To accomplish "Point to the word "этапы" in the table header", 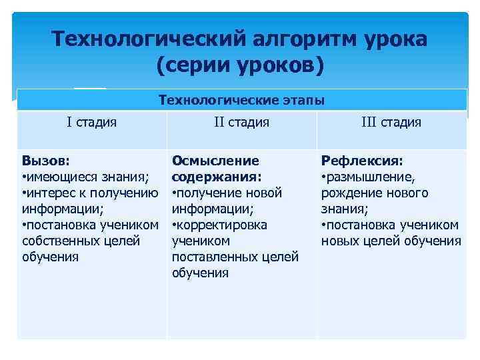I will pyautogui.click(x=303, y=100).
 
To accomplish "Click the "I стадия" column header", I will pyautogui.click(x=91, y=122).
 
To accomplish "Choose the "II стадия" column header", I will pyautogui.click(x=241, y=122).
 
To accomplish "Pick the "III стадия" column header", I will pyautogui.click(x=391, y=122).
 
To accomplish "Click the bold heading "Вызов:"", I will pyautogui.click(x=47, y=161).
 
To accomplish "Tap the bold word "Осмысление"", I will pyautogui.click(x=215, y=161).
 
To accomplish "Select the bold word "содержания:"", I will pyautogui.click(x=217, y=177).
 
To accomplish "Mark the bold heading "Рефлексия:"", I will pyautogui.click(x=362, y=161).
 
